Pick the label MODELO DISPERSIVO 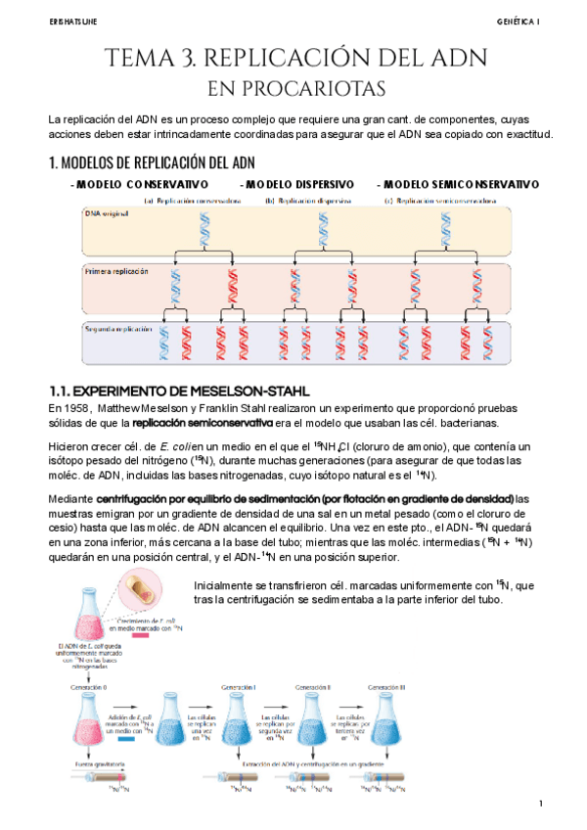pyautogui.click(x=299, y=185)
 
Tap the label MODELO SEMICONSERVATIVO pyautogui.click(x=458, y=185)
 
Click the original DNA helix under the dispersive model pyautogui.click(x=321, y=231)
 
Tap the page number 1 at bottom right pyautogui.click(x=540, y=804)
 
